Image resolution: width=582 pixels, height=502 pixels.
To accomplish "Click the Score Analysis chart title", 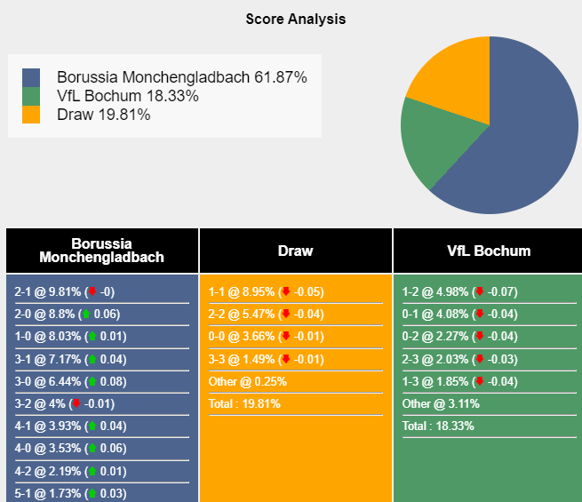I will pyautogui.click(x=295, y=19).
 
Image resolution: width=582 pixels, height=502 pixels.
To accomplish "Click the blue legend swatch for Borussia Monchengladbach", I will pyautogui.click(x=31, y=77).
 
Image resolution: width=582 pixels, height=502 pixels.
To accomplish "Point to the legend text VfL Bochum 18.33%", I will pyautogui.click(x=127, y=96).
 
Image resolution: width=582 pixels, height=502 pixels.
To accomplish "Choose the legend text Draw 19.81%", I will pyautogui.click(x=103, y=115).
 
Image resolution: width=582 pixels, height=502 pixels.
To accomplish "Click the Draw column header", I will pyautogui.click(x=295, y=251).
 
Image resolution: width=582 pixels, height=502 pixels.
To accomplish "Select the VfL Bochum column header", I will pyautogui.click(x=489, y=251).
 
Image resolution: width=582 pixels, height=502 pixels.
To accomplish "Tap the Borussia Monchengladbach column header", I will pyautogui.click(x=102, y=251).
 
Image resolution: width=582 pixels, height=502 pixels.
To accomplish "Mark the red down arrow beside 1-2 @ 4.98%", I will pyautogui.click(x=480, y=291).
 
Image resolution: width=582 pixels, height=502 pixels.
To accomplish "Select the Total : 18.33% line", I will pyautogui.click(x=438, y=426).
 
